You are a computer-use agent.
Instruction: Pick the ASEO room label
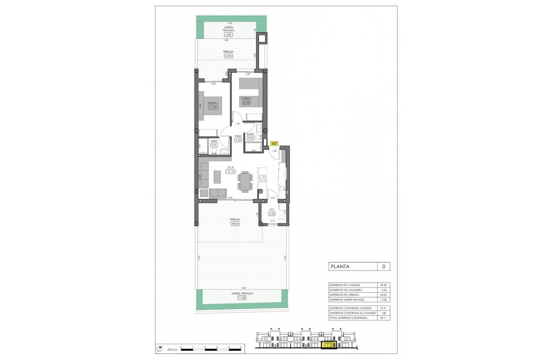[x=213, y=141]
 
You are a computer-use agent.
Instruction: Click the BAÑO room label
[x=250, y=134]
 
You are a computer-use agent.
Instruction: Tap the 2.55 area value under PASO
[x=238, y=140]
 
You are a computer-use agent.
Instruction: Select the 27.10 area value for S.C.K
[x=230, y=171]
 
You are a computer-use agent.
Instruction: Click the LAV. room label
[x=272, y=209]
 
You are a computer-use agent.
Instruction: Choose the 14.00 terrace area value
[x=228, y=55]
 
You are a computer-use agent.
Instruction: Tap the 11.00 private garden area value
[x=241, y=298]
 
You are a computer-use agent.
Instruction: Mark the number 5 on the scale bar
[x=241, y=347]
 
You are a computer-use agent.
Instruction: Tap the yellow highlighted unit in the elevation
[x=328, y=345]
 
